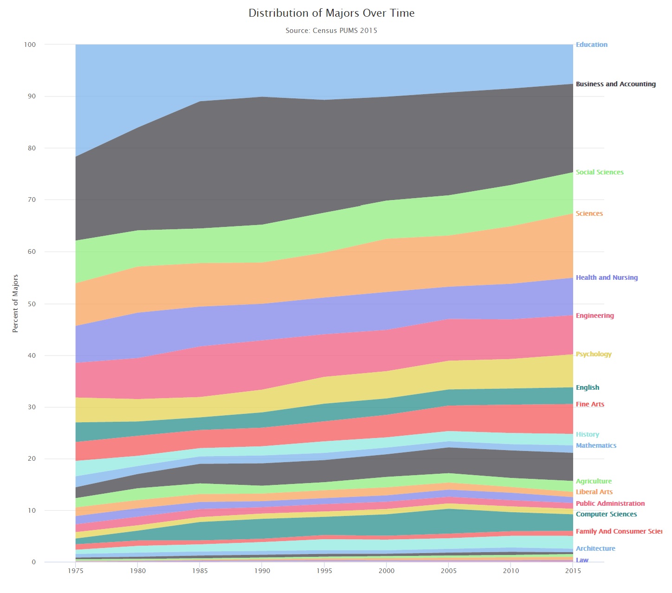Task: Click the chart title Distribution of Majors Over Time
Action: tap(331, 13)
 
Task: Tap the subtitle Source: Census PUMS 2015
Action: tap(331, 31)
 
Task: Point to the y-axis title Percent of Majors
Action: tap(15, 303)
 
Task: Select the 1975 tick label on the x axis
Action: tap(76, 571)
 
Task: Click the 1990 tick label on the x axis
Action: tap(262, 571)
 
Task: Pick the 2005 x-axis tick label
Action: tap(449, 571)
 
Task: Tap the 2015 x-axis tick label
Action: tap(573, 571)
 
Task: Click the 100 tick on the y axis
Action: tap(30, 45)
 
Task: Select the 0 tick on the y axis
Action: tap(33, 562)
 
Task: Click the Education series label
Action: tap(592, 45)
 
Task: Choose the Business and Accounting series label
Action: tap(616, 84)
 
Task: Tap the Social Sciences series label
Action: tap(600, 172)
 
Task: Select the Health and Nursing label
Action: tap(607, 277)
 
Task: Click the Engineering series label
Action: tap(595, 316)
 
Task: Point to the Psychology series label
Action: tap(594, 354)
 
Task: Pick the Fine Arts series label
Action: tap(590, 404)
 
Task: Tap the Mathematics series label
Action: tap(596, 445)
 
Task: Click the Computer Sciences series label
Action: tap(606, 514)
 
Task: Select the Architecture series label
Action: tap(595, 548)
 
